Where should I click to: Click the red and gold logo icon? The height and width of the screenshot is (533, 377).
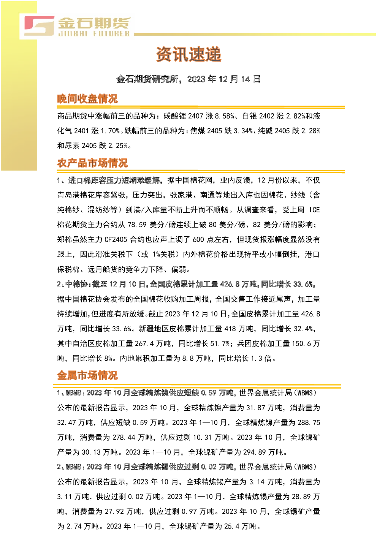click(39, 26)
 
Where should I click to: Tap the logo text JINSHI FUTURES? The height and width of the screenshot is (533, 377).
click(94, 33)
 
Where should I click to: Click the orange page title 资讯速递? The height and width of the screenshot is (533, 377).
click(188, 54)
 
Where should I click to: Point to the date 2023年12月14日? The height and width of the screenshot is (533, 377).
click(224, 79)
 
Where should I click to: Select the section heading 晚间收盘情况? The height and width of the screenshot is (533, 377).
click(87, 99)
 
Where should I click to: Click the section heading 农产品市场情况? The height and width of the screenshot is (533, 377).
click(92, 163)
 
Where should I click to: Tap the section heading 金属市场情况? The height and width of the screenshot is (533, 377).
click(87, 375)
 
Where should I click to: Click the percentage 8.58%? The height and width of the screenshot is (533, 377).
click(225, 116)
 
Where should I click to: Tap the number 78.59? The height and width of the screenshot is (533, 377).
click(137, 225)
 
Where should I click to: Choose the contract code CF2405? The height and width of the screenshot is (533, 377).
click(116, 239)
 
